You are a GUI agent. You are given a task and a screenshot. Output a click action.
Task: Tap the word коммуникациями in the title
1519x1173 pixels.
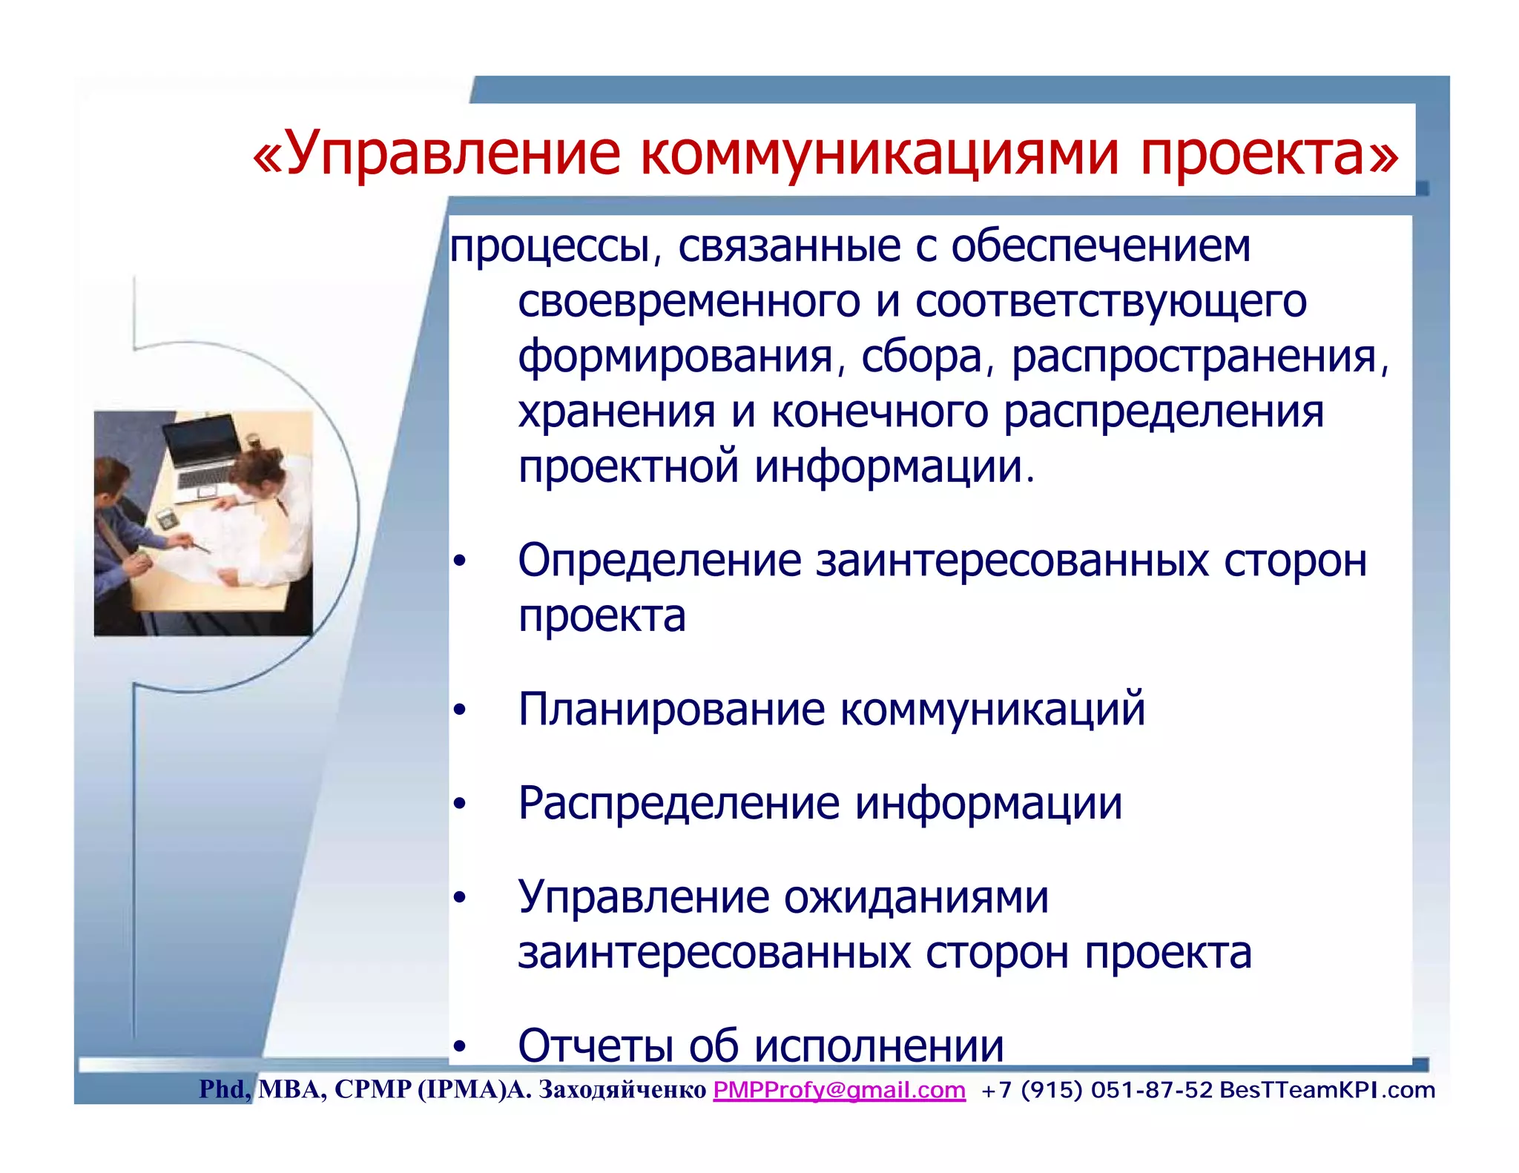pyautogui.click(x=879, y=153)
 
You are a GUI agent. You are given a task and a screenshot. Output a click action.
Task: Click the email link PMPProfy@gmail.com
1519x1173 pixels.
pyautogui.click(x=839, y=1090)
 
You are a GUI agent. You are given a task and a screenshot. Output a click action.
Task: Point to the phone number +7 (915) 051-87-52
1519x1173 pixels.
pyautogui.click(x=1096, y=1090)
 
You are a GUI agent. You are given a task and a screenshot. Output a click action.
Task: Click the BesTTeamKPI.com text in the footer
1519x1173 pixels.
pyautogui.click(x=1327, y=1090)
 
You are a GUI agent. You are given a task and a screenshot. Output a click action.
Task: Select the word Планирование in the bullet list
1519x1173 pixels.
pyautogui.click(x=670, y=709)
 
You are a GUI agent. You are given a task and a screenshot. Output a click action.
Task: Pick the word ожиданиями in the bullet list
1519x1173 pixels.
pyautogui.click(x=916, y=897)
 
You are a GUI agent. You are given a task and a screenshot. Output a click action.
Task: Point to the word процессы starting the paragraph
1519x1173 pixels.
pyautogui.click(x=550, y=246)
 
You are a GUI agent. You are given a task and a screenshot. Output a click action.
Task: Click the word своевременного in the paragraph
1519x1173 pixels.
pyautogui.click(x=688, y=302)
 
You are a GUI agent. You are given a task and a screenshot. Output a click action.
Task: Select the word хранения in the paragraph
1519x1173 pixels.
pyautogui.click(x=616, y=412)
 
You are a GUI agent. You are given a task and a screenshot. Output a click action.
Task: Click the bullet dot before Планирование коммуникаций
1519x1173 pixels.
pyautogui.click(x=460, y=710)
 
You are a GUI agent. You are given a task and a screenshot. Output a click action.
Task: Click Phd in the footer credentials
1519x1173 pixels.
pyautogui.click(x=223, y=1089)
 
